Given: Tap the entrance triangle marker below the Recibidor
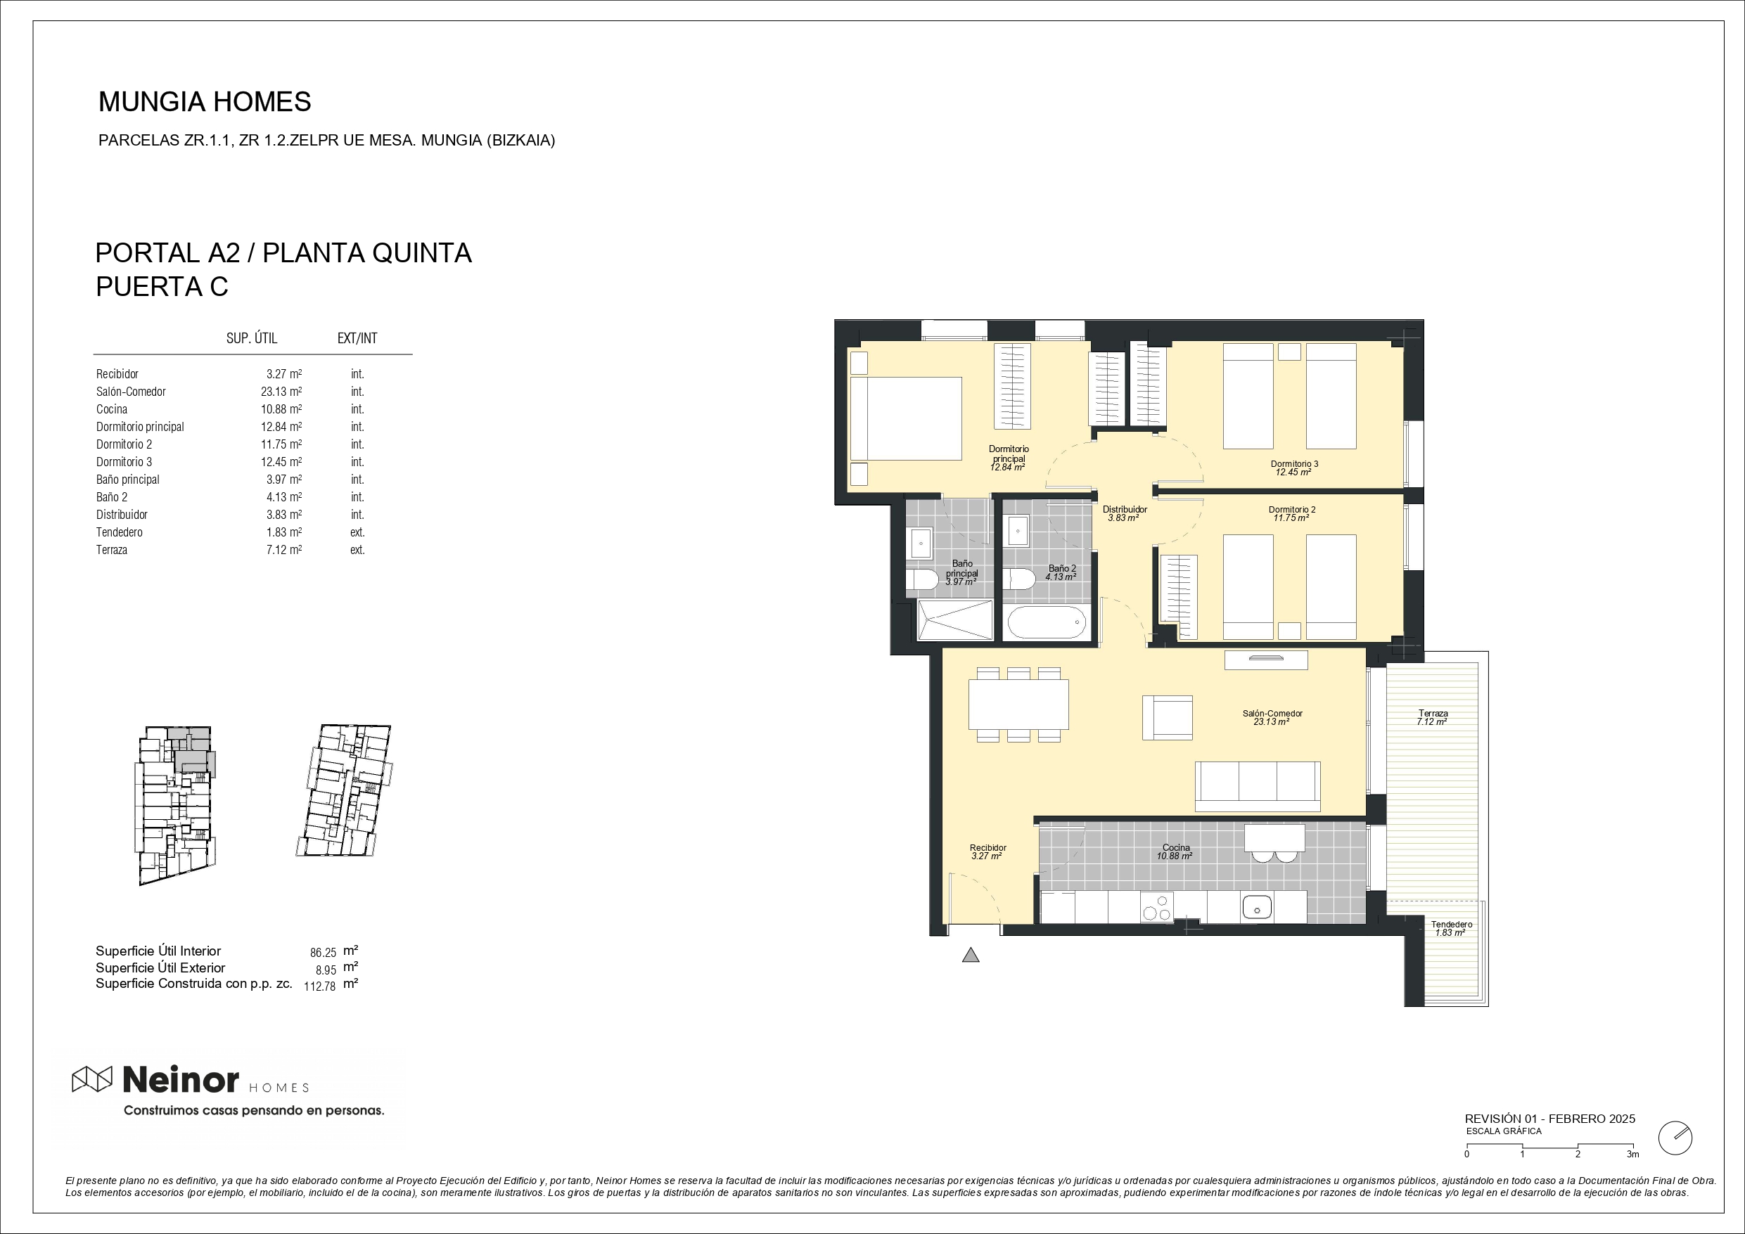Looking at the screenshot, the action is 971,955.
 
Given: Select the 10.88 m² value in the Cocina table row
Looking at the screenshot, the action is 281,409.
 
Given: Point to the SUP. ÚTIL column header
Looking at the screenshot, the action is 252,338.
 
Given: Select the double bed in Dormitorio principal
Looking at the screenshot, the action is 905,418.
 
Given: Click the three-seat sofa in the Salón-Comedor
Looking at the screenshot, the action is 1258,786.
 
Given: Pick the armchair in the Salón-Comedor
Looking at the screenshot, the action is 1168,717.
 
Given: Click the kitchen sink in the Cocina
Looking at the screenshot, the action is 1256,907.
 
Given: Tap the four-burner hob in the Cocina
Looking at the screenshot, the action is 1158,907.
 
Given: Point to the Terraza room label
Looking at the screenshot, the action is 1433,714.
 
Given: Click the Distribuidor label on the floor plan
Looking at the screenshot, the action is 1125,510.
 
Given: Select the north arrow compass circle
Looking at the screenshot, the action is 1675,1138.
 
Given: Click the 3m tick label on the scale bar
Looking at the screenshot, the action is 1632,1155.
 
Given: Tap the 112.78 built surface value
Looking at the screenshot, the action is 320,987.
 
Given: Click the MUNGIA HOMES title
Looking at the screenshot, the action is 205,102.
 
